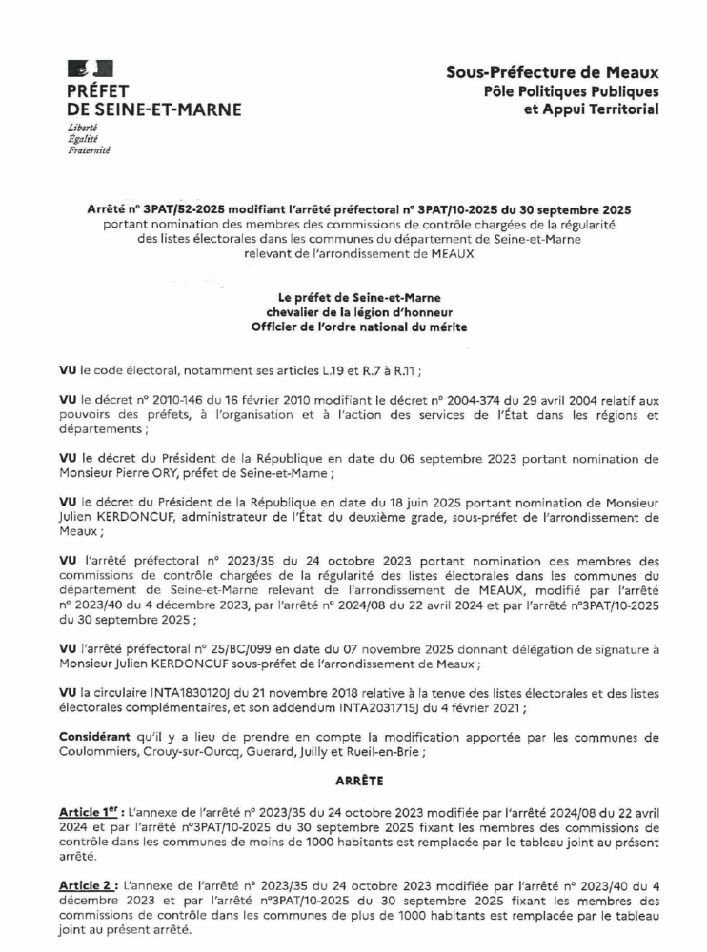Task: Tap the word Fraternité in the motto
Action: pos(89,151)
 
